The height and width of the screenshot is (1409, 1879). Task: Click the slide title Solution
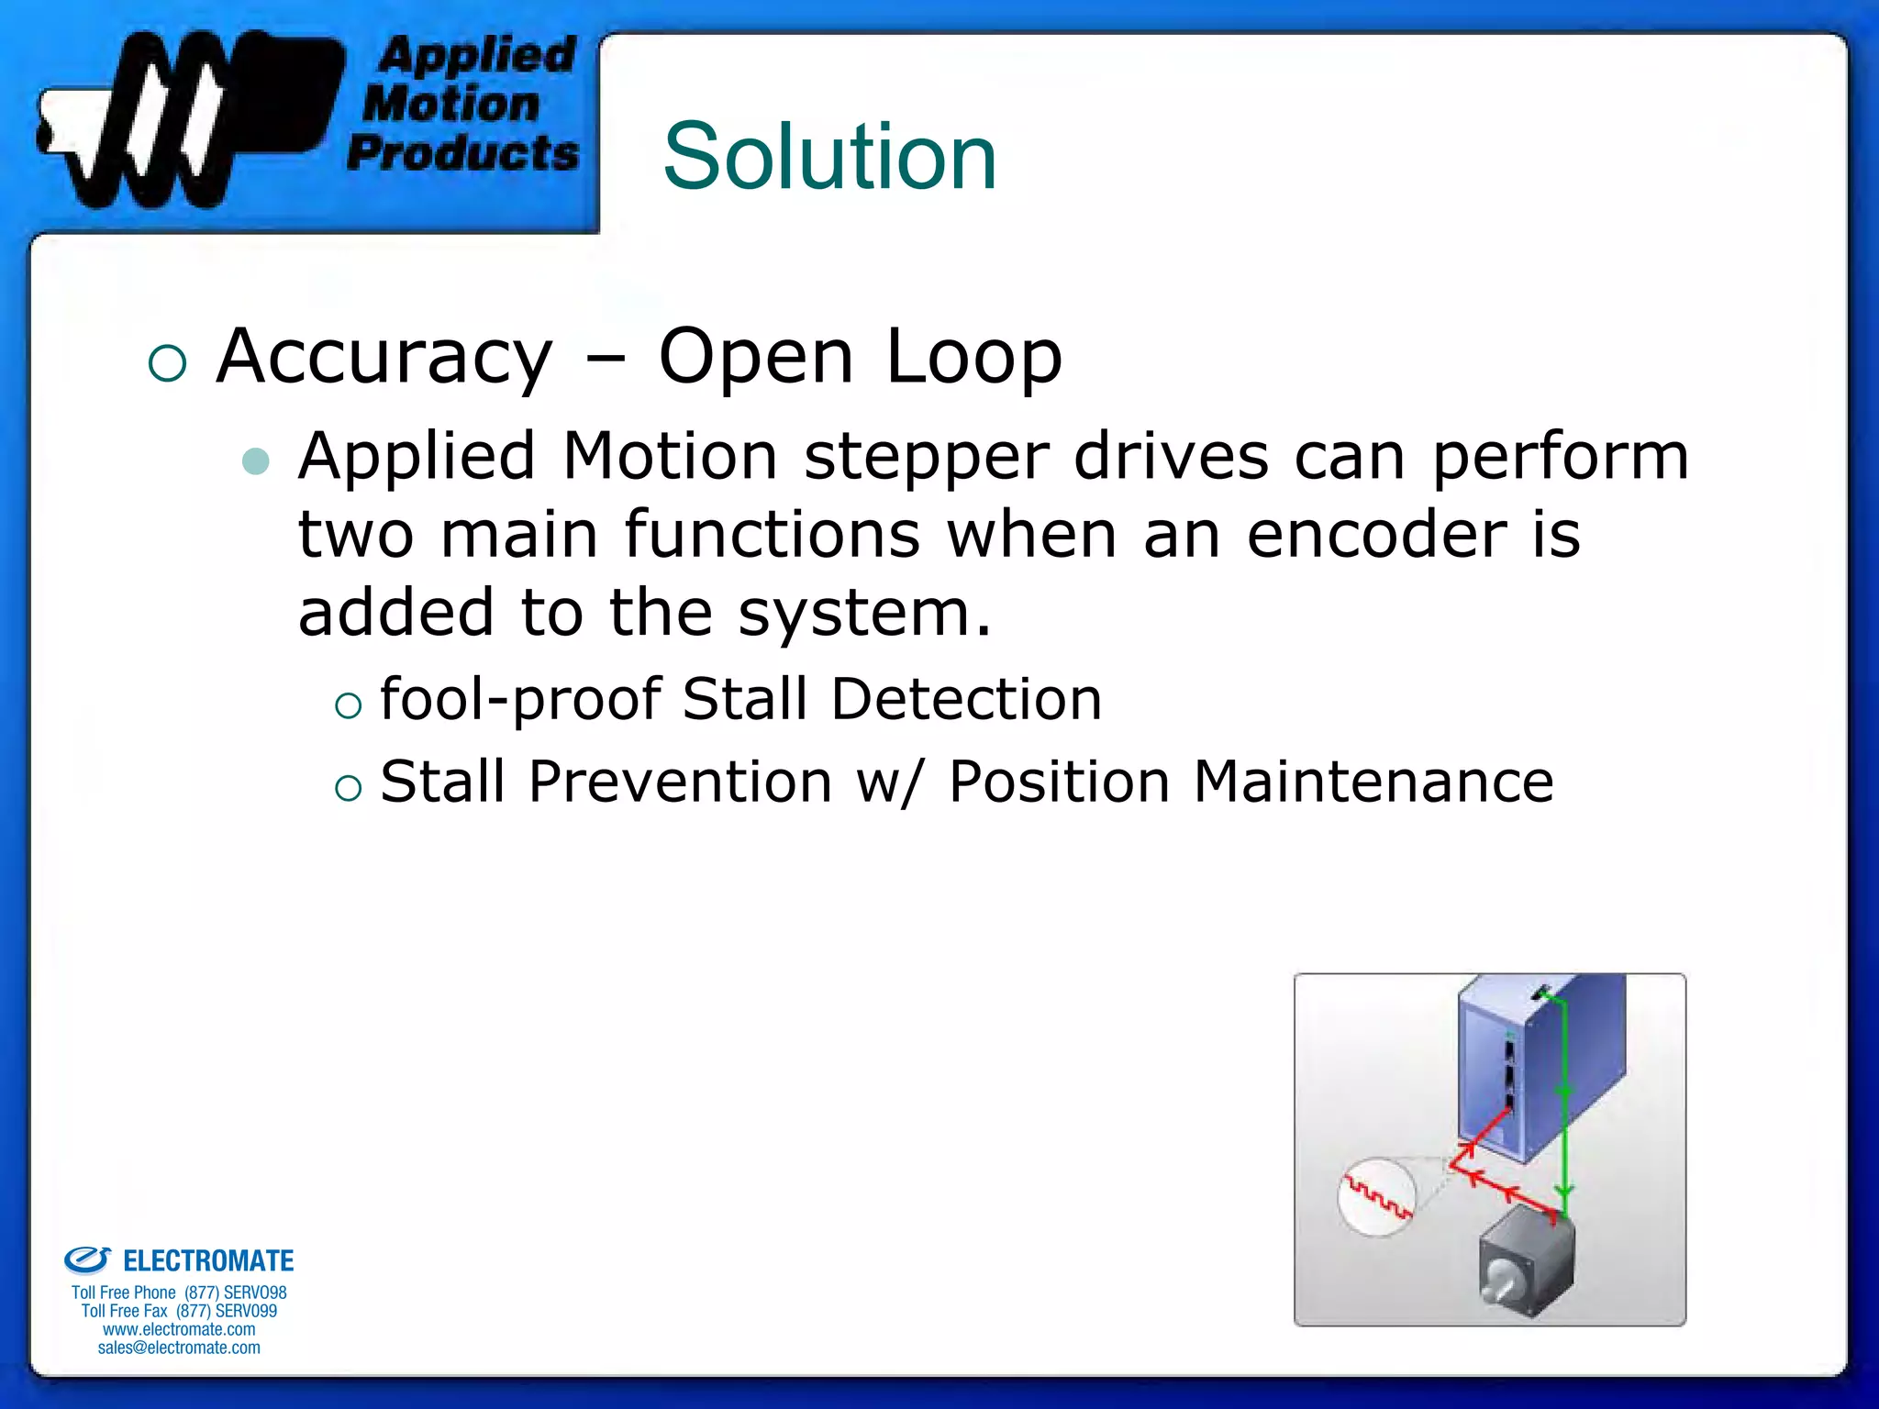[829, 157]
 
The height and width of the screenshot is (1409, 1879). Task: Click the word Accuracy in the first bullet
[384, 357]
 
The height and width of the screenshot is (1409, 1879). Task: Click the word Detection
[965, 699]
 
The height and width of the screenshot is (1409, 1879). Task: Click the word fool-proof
[520, 699]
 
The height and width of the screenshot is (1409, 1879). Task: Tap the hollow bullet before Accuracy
[167, 363]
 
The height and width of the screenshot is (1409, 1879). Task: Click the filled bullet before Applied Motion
[256, 460]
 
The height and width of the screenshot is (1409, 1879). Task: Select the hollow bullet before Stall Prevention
[349, 787]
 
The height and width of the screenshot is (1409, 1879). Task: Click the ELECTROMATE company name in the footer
[208, 1261]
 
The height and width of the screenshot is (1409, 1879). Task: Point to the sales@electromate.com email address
[179, 1348]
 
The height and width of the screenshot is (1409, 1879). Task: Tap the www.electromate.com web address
[179, 1329]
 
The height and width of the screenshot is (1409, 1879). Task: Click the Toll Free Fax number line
[179, 1311]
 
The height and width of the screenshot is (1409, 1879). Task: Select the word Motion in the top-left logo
[450, 104]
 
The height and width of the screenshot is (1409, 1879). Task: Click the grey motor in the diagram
[1527, 1261]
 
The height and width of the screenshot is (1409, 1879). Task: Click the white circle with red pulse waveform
[1377, 1196]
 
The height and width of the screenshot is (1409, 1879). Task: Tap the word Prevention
[680, 782]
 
